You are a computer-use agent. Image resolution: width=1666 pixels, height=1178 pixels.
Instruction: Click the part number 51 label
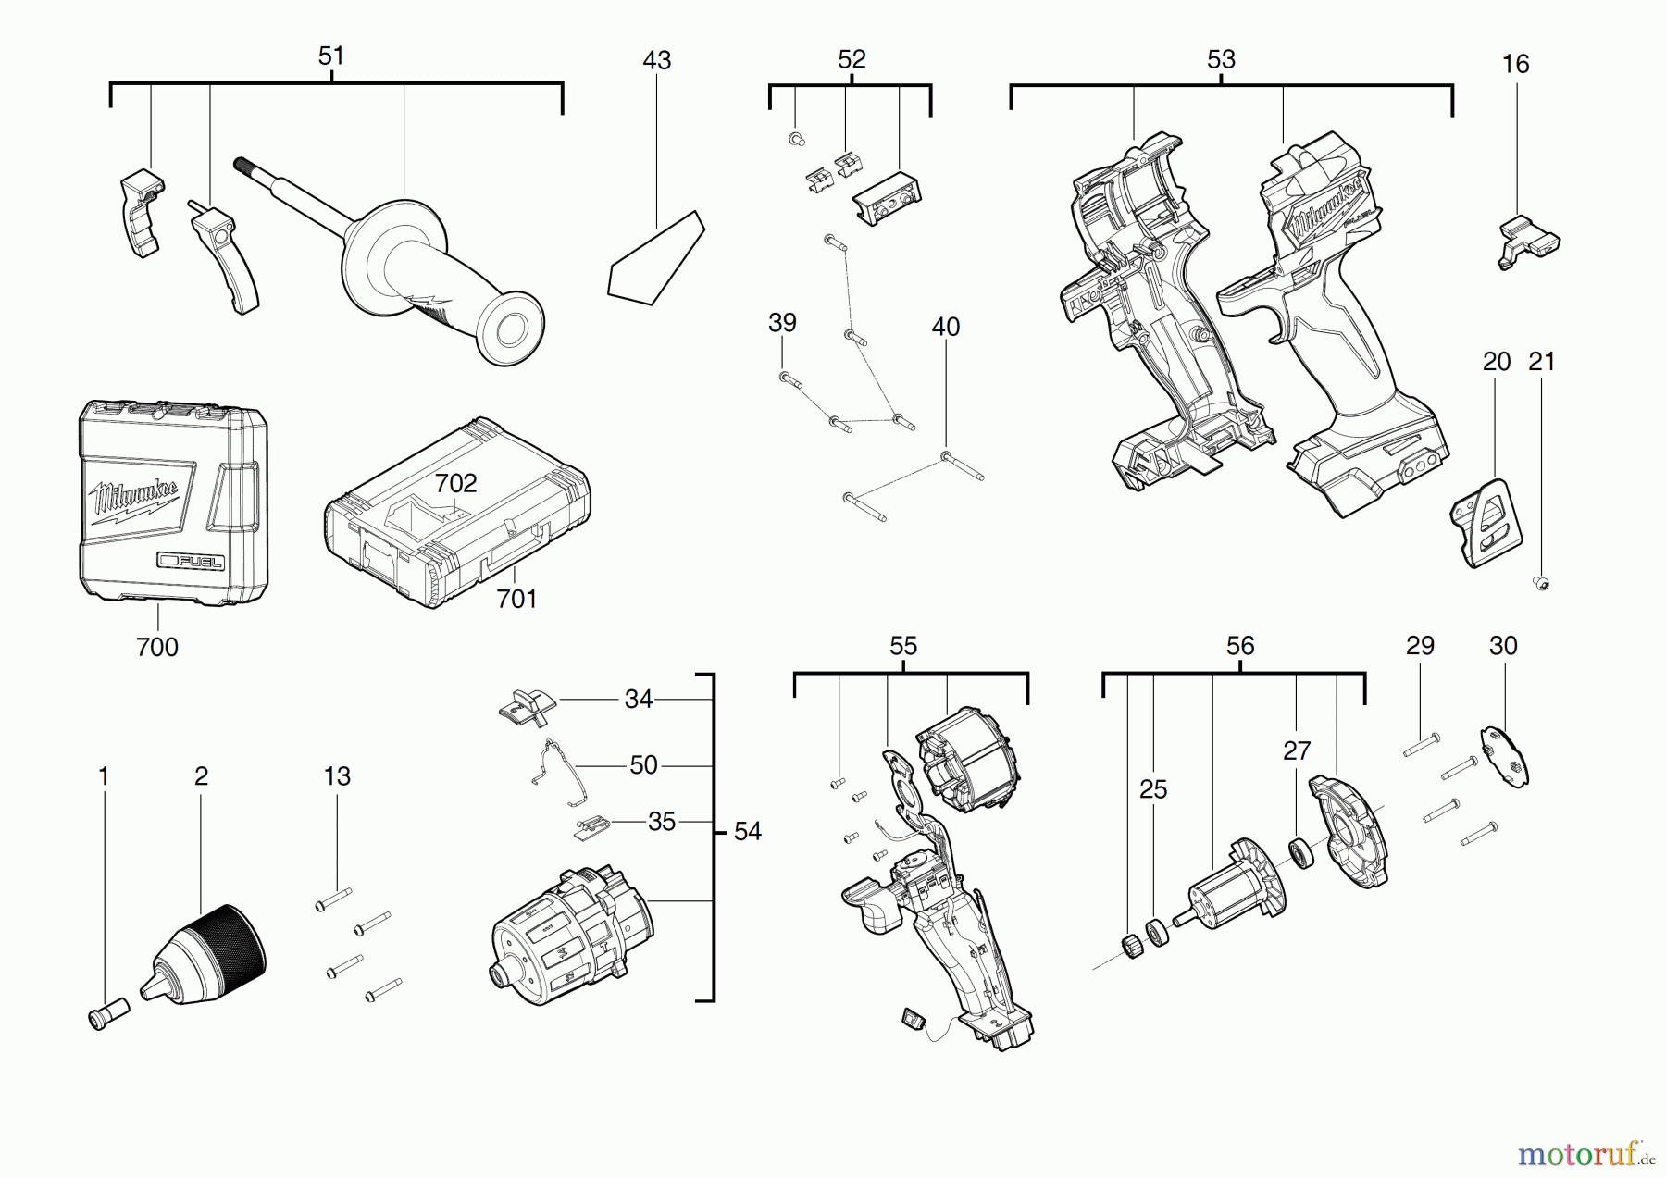(x=330, y=56)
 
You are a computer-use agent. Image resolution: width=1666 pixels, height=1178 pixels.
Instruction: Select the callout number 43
(x=656, y=61)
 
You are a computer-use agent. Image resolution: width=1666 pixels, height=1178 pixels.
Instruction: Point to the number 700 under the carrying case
(x=156, y=647)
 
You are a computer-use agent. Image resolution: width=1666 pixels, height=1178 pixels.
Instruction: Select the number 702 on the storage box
(x=455, y=483)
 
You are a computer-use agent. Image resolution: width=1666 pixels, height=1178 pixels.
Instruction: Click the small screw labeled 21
(x=1541, y=583)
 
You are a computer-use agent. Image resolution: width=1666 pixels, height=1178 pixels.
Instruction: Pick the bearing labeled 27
(x=1300, y=852)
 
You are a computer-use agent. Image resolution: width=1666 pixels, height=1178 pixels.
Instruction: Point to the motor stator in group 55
(x=967, y=759)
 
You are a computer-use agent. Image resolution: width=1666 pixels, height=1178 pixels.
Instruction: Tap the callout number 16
(x=1515, y=65)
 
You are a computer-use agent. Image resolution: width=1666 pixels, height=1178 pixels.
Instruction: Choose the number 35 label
(x=661, y=822)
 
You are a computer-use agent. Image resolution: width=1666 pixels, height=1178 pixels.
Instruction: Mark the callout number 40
(x=945, y=327)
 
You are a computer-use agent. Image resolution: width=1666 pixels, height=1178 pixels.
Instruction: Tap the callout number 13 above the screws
(x=337, y=776)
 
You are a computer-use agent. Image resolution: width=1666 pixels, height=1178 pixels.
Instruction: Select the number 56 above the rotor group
(x=1239, y=646)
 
